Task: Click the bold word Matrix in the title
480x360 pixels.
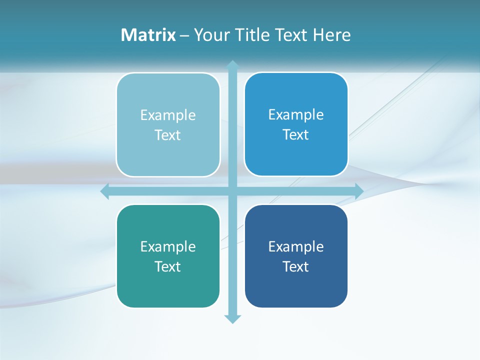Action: tap(148, 35)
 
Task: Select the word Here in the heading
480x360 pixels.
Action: tap(332, 35)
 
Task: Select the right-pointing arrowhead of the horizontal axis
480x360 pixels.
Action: tap(359, 191)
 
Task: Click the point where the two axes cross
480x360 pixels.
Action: tap(232, 191)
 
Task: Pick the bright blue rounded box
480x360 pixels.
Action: tap(296, 155)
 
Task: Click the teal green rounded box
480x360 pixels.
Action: tap(168, 287)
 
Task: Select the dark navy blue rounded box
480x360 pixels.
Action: tap(296, 287)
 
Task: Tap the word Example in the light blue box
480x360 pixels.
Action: tap(168, 115)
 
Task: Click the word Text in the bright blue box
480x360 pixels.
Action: tap(296, 135)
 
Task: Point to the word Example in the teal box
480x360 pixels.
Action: tap(168, 246)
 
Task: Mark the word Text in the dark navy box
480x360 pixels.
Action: tap(296, 266)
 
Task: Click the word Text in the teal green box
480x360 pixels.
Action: tap(168, 266)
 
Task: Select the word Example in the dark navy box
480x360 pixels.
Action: tap(296, 246)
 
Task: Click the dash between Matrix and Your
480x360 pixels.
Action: tap(184, 35)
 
